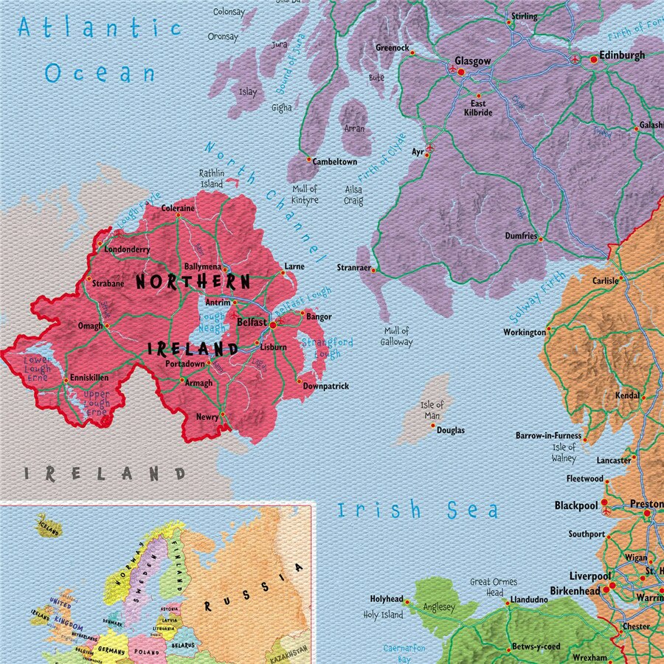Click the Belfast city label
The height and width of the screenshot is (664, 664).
coord(252,322)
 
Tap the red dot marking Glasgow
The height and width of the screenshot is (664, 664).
coord(461,72)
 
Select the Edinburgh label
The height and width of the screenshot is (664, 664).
coord(622,55)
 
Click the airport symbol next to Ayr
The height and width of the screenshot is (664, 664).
coord(430,148)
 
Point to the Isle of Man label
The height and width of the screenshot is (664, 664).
coord(432,409)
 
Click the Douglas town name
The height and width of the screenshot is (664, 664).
coord(451,430)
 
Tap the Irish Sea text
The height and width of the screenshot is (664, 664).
coord(418,510)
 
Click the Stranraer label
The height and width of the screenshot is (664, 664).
coord(353,268)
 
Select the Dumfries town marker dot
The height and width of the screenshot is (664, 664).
coord(540,239)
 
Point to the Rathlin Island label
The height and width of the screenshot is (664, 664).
coord(212,179)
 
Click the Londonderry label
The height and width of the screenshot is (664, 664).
coord(127,250)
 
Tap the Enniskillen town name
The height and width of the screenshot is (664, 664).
coord(90,378)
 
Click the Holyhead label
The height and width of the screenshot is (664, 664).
coord(387,600)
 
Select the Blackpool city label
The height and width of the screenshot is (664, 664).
coord(575,505)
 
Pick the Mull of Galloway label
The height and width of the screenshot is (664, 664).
coord(397,336)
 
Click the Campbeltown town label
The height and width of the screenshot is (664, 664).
coord(334,162)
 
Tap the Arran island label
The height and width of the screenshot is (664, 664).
coord(354,128)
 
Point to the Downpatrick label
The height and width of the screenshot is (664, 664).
coord(325,386)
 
